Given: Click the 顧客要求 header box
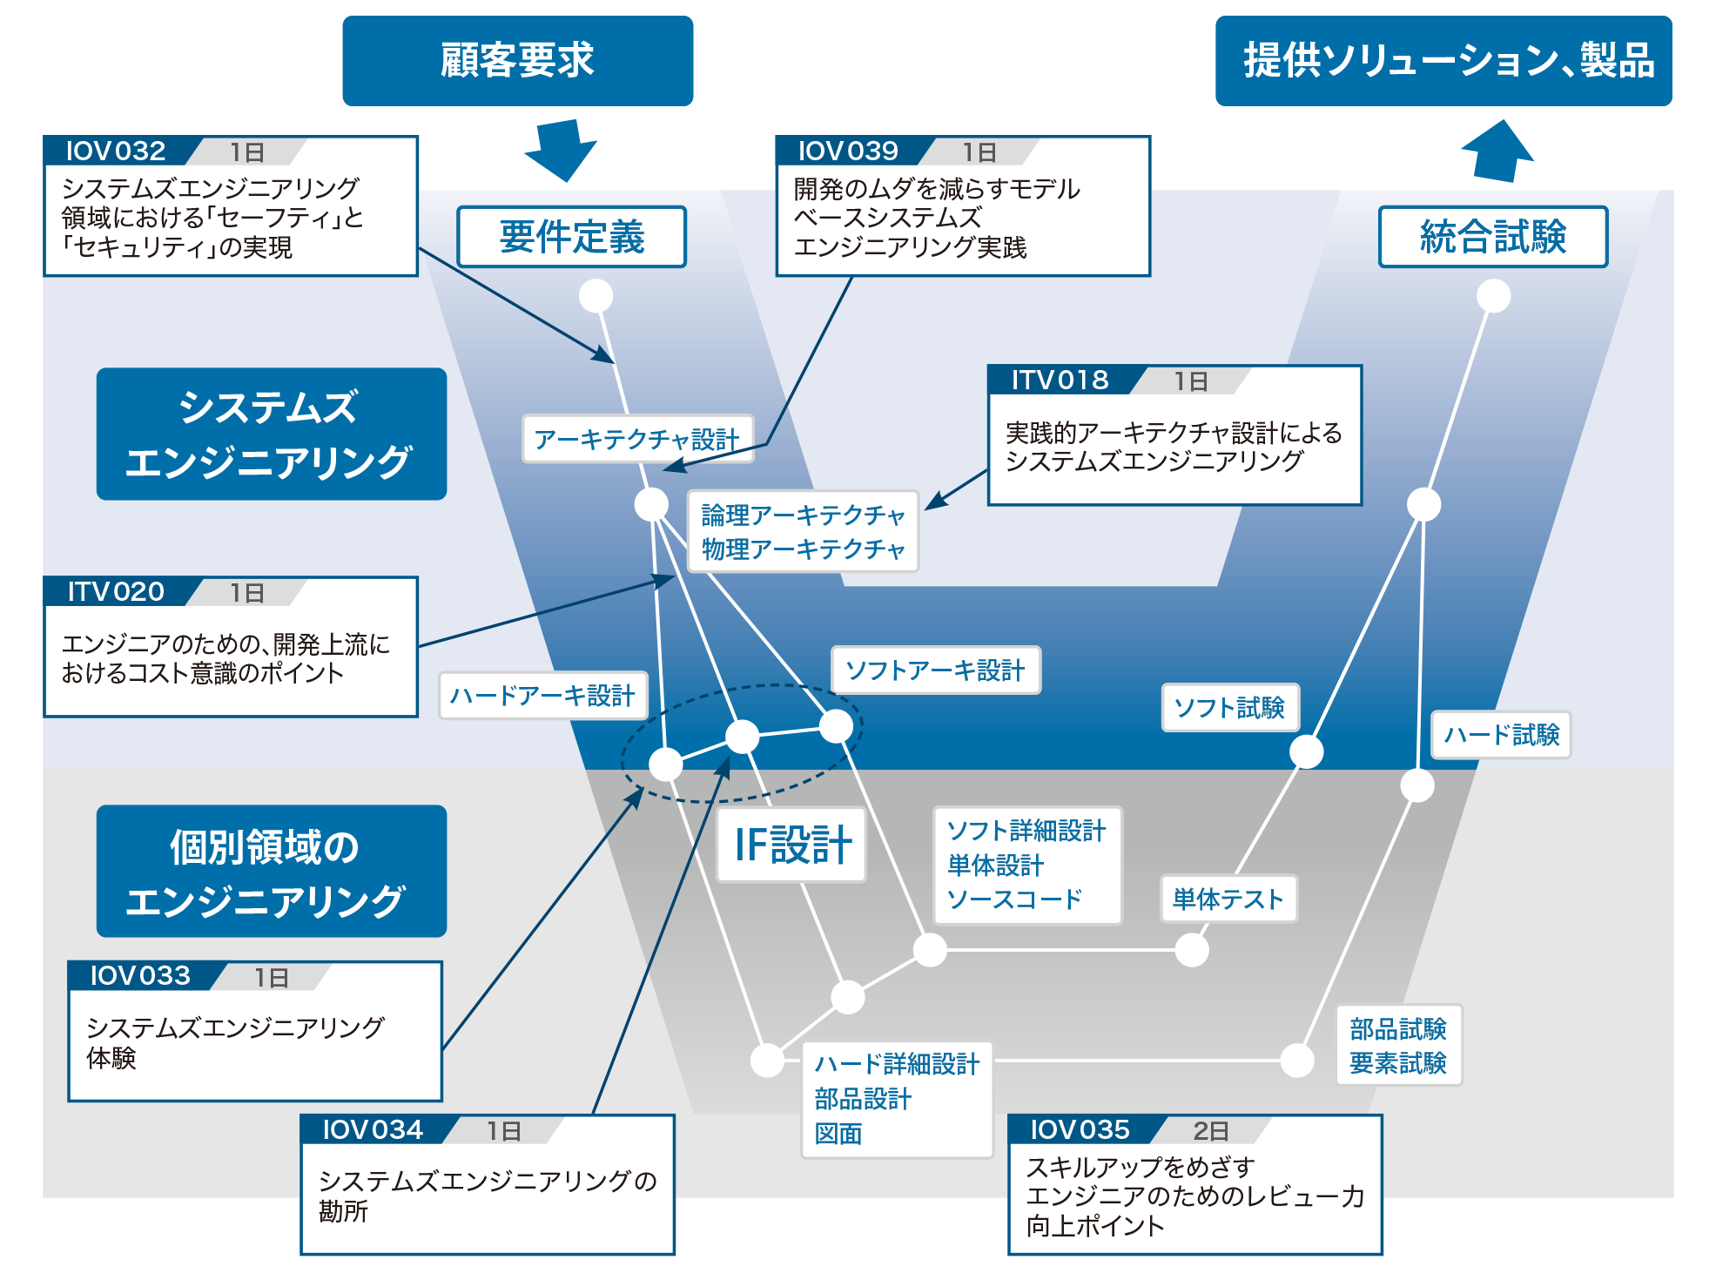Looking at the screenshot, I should pos(517,61).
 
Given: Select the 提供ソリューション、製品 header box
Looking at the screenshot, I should pos(1443,61).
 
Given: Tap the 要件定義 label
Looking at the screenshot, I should pos(571,237).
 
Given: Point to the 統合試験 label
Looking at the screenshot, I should pos(1492,237).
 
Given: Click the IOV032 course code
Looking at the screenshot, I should pos(116,151).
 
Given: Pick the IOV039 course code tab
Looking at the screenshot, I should pos(848,151).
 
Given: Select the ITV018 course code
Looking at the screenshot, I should pos(1060,380).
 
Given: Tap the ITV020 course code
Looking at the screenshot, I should pos(116,592).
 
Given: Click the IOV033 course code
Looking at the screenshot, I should pos(140,975).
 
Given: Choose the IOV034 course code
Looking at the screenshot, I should pos(373,1129).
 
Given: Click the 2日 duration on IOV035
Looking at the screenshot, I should pos(1210,1130).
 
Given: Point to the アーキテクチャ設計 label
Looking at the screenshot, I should pos(636,439).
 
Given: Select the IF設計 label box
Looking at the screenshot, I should pos(791,845).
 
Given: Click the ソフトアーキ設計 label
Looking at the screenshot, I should pos(935,670).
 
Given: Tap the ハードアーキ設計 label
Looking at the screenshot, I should pos(542,695).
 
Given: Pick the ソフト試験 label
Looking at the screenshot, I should pos(1229,707).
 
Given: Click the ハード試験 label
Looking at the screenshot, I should pos(1501,735).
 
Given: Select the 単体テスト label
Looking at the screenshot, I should pos(1228,899).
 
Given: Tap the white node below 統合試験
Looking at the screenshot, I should pos(1493,296).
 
